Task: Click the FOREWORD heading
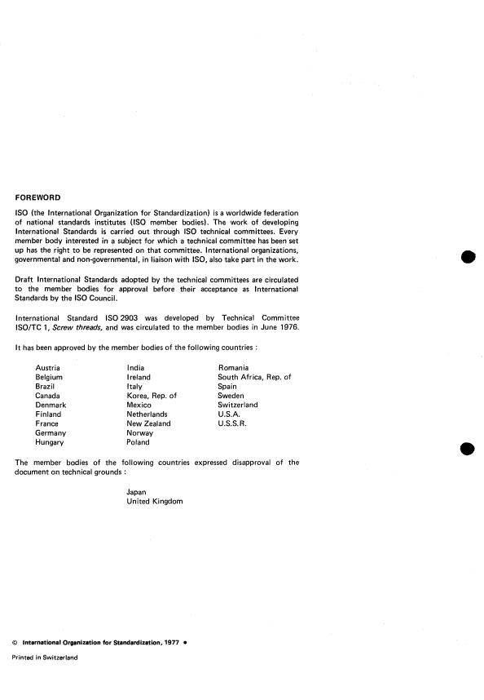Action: click(x=39, y=197)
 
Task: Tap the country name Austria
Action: click(x=48, y=369)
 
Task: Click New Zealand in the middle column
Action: click(x=148, y=423)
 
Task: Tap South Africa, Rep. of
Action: click(x=254, y=378)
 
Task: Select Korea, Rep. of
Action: click(x=152, y=396)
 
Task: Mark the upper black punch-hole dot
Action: click(x=467, y=258)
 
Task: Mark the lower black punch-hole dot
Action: click(x=467, y=448)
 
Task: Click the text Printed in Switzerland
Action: click(x=45, y=658)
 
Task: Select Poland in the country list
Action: click(x=139, y=442)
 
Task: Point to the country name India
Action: click(x=136, y=369)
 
